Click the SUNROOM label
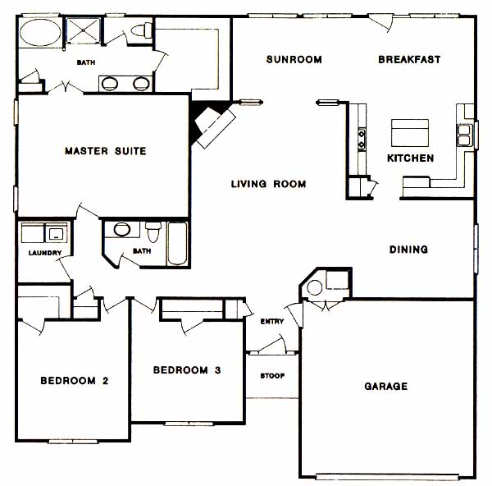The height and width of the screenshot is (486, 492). tap(294, 59)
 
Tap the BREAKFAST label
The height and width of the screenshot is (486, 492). tap(409, 59)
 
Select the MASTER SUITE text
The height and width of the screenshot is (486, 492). tap(106, 151)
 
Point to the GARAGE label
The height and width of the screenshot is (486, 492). tap(386, 386)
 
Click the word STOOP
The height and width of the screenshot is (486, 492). tap(272, 376)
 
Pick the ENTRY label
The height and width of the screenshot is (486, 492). tap(272, 321)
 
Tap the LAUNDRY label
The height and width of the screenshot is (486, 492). tap(45, 253)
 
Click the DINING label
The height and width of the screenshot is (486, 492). tap(408, 250)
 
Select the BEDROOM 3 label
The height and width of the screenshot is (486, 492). tap(187, 370)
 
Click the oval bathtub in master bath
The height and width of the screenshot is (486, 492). tap(40, 33)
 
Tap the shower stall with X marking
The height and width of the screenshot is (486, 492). tap(83, 30)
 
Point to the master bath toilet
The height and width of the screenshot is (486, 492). tap(142, 30)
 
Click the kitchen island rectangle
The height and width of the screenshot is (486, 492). tap(410, 133)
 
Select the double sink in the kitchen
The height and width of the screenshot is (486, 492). tap(464, 135)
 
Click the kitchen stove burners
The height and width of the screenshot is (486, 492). tap(362, 139)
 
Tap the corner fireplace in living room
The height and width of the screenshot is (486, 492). tap(212, 124)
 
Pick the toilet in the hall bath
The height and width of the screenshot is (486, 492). tap(153, 232)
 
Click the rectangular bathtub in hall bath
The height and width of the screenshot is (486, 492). tap(177, 244)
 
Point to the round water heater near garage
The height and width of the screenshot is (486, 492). tap(314, 288)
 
